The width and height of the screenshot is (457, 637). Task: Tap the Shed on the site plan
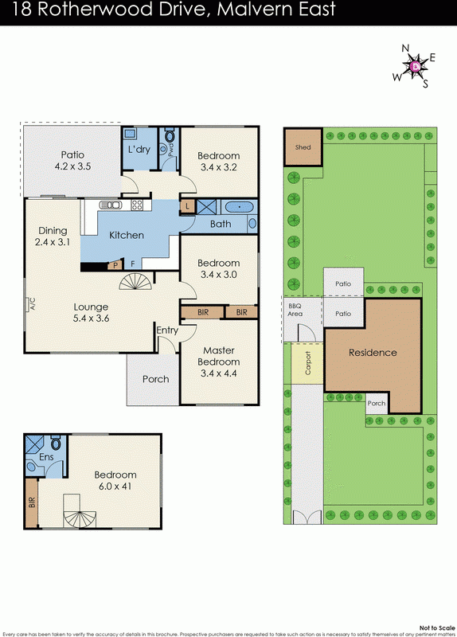(x=303, y=147)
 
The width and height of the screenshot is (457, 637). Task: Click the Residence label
(x=373, y=353)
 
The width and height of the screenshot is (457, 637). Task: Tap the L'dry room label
(x=140, y=150)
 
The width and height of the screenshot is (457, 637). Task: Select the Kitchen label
(x=127, y=235)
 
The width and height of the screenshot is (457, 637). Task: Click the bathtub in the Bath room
(x=237, y=208)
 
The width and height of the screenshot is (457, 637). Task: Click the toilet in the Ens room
(x=56, y=445)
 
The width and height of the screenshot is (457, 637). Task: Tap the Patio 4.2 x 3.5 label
(x=72, y=161)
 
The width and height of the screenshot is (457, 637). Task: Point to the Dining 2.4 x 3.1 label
(x=52, y=236)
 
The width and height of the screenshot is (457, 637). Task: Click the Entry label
(x=167, y=330)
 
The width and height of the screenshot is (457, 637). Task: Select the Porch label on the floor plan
(x=155, y=379)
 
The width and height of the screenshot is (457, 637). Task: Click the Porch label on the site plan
(x=376, y=404)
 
